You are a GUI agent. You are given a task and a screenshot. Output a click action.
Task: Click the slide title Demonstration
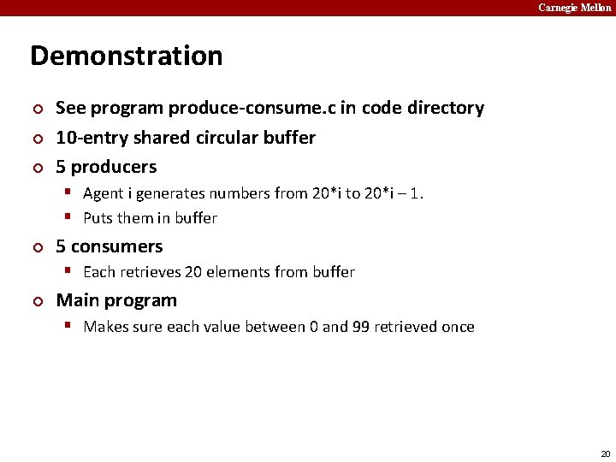coord(126,56)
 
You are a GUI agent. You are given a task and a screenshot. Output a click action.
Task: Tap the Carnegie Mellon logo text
coord(574,8)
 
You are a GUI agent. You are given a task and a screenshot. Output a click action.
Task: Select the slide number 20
coord(606,453)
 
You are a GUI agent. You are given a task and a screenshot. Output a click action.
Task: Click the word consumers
coord(116,246)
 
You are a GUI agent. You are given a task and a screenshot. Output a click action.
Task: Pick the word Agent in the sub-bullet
coord(104,193)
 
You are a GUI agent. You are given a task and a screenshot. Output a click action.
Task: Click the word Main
coord(76,300)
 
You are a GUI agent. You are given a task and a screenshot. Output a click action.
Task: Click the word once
coord(458,327)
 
